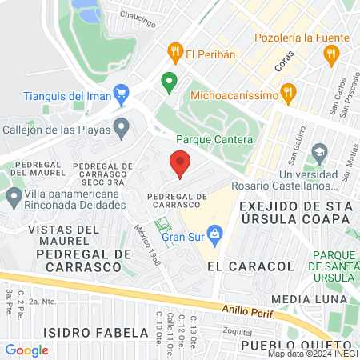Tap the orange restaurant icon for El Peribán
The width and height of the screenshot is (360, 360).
tap(175, 54)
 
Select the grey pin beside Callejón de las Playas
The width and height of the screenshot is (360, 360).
tap(122, 126)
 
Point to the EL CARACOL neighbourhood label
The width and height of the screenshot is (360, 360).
tap(238, 265)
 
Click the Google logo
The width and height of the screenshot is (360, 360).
tap(26, 350)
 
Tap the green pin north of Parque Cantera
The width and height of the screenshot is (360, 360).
tap(168, 82)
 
